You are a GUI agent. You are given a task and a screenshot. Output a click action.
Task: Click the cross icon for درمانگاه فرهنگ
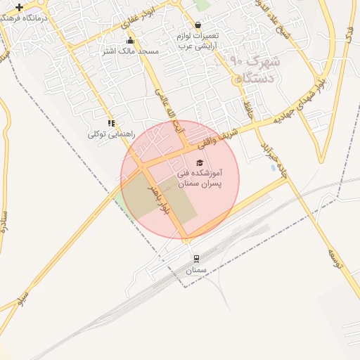(x=19, y=7)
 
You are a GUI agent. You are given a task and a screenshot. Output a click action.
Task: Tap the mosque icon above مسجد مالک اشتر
(x=131, y=41)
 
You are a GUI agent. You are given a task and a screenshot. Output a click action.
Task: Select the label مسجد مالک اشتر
(x=131, y=51)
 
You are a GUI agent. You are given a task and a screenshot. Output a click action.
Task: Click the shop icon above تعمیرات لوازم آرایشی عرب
(x=198, y=25)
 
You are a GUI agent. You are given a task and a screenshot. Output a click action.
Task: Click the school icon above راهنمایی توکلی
(x=111, y=123)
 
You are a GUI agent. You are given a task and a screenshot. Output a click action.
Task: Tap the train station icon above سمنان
(x=196, y=258)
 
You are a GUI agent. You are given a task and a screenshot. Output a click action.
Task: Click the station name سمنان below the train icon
(x=196, y=270)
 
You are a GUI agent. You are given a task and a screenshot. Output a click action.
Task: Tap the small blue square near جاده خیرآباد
(x=273, y=167)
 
